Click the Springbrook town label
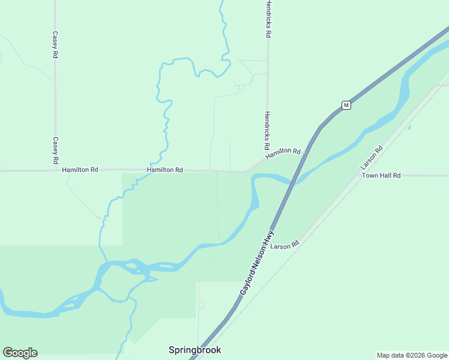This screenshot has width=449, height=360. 194,350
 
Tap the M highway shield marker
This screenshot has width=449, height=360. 346,105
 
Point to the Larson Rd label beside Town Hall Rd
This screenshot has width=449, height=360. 371,158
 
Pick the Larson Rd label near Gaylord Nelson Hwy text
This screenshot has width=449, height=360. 285,246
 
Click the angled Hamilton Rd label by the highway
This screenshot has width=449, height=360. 283,153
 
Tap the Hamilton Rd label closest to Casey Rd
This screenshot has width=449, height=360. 80,170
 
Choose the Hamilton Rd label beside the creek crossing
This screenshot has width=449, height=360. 164,170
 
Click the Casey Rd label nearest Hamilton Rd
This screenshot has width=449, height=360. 55,151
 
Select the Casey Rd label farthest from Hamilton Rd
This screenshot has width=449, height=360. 55,45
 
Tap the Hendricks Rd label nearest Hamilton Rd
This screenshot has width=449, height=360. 267,131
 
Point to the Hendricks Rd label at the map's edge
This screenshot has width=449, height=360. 268,19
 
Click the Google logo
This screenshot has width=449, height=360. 20,353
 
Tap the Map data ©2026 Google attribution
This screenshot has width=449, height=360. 412,355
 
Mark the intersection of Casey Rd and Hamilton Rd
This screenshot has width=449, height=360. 55,170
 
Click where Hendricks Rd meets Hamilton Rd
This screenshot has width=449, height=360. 268,158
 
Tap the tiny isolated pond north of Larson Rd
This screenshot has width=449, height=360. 409,127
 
